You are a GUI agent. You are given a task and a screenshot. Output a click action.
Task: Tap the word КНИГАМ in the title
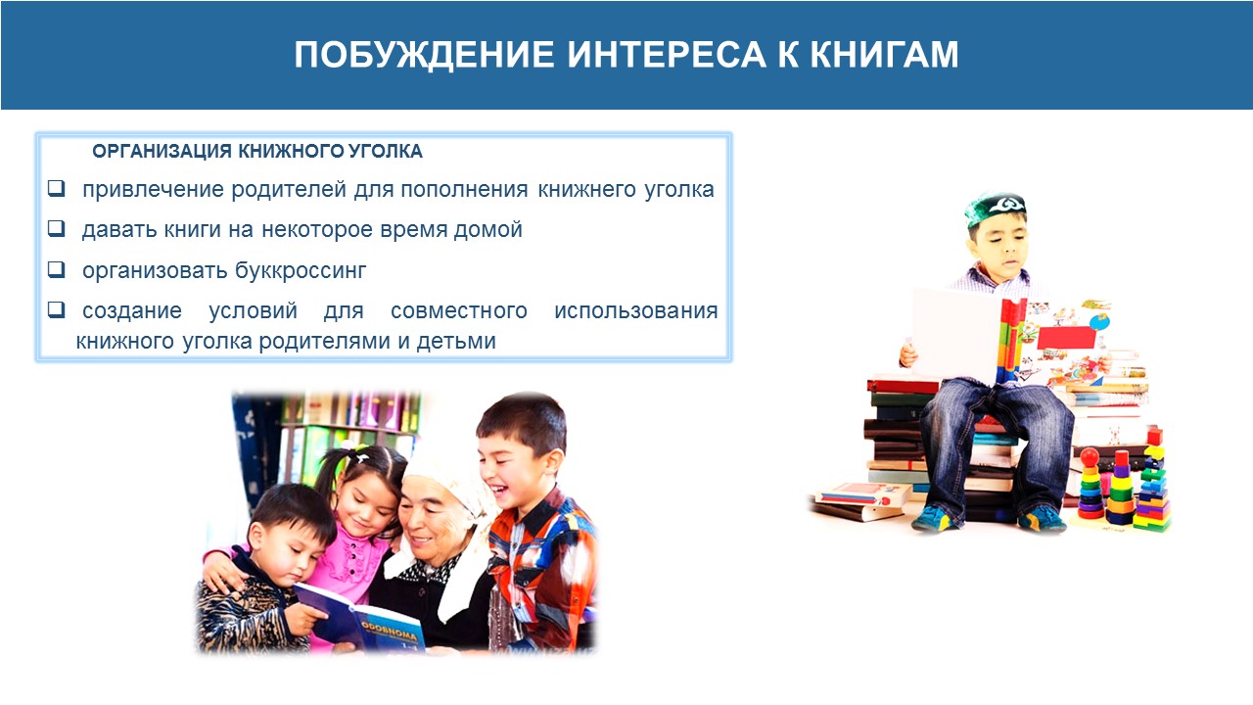pos(884,54)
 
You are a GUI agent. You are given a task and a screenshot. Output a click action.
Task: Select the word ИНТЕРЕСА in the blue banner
pos(667,54)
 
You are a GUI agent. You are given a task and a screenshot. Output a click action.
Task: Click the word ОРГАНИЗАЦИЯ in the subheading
pos(162,151)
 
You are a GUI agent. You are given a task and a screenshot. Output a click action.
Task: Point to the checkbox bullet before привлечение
pos(56,188)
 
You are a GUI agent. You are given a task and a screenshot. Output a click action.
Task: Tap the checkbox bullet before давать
pos(56,228)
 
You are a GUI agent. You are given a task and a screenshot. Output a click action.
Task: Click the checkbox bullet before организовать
pos(56,269)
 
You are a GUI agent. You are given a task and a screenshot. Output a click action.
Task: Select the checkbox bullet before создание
pos(56,309)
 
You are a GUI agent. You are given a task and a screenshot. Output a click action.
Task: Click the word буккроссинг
pos(301,271)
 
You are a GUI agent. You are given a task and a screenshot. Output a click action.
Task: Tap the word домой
pos(487,230)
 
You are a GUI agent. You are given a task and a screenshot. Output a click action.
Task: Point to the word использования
pos(636,310)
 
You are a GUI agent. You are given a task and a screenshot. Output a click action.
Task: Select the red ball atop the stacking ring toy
pos(1090,456)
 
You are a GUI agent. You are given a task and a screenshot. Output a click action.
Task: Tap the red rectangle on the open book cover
pos(1066,338)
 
